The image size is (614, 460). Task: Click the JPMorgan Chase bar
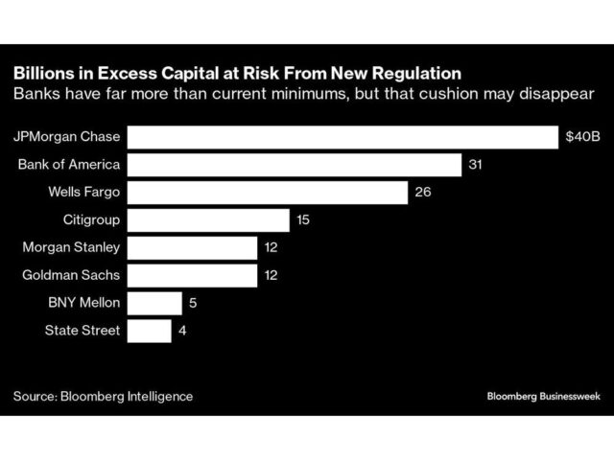tap(342, 137)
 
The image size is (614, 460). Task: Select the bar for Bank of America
tap(295, 165)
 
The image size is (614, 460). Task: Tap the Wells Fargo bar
tap(268, 193)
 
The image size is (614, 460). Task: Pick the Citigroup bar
tap(208, 220)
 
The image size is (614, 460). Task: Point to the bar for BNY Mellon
tap(154, 304)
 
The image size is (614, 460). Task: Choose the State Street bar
tap(150, 332)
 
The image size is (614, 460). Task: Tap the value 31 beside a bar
tap(474, 165)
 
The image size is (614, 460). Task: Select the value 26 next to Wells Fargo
tap(422, 193)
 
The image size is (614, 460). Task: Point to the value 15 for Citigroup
tap(302, 220)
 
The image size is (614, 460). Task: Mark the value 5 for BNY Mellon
tap(192, 304)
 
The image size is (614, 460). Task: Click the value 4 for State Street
tap(182, 332)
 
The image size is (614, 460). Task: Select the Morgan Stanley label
tap(71, 248)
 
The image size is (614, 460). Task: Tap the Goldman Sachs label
tap(71, 276)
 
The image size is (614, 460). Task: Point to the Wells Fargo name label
tap(83, 193)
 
